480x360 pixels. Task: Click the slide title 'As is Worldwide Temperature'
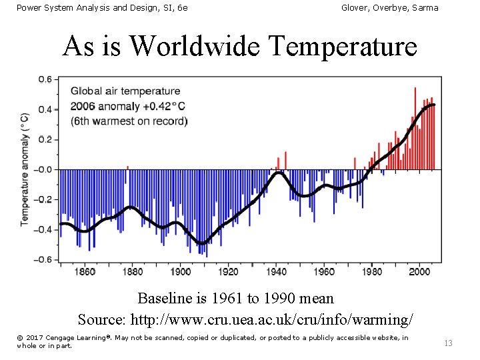coord(239,47)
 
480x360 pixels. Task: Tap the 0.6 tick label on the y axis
coord(44,79)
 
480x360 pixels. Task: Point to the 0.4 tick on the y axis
coord(44,109)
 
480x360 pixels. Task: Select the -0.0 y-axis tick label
coord(43,169)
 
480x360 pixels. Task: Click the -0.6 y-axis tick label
coord(43,259)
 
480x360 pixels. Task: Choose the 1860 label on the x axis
coord(85,271)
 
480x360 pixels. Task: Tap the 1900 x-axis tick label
coord(180,271)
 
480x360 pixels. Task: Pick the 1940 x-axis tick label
coord(276,271)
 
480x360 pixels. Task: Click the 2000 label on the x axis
coord(419,271)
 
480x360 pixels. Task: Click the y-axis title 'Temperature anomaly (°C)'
coord(25,168)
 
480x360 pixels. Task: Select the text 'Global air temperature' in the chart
coord(125,91)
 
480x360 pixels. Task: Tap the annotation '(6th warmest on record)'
coord(129,121)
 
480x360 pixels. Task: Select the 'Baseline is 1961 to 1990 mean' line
coord(235,298)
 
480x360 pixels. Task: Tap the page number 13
coord(448,343)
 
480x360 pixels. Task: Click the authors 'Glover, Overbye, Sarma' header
coord(389,7)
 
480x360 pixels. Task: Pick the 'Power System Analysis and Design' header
coord(102,7)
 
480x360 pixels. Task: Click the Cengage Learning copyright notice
coord(212,341)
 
